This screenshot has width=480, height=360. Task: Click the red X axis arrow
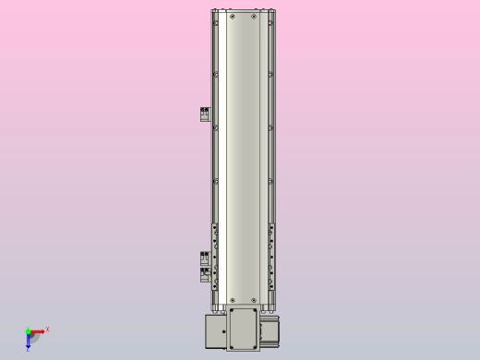tap(38, 330)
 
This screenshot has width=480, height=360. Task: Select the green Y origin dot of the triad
tap(28, 330)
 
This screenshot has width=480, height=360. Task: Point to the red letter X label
tap(47, 329)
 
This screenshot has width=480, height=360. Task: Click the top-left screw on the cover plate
tap(232, 16)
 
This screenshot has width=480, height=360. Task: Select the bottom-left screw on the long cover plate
tap(232, 300)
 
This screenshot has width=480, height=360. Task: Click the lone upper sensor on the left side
tap(205, 114)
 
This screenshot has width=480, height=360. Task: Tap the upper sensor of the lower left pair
tap(205, 258)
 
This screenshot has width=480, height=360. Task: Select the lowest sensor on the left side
tap(205, 274)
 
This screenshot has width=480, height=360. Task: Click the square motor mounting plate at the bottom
tap(244, 329)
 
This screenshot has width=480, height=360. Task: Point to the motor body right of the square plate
tap(271, 330)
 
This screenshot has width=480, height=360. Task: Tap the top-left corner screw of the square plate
tap(231, 311)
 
